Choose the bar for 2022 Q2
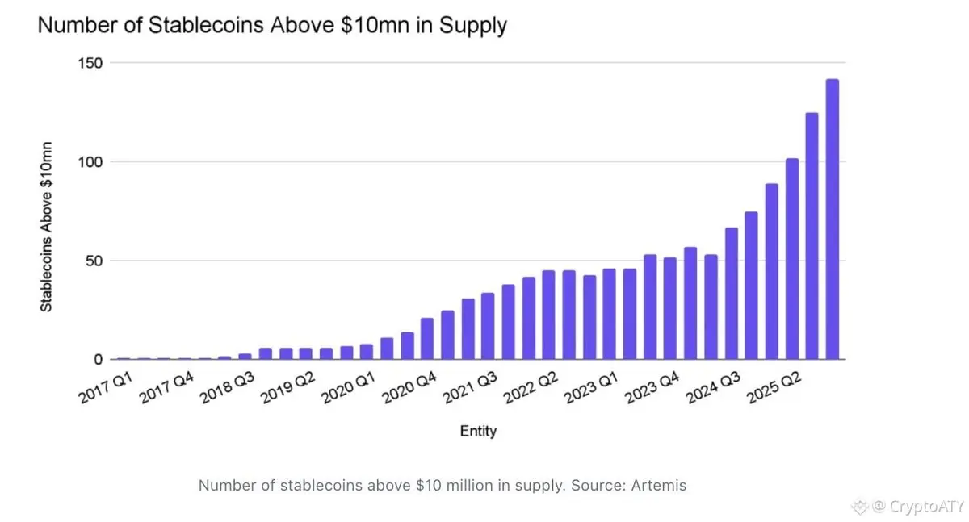(x=548, y=315)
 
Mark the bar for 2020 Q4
(x=427, y=339)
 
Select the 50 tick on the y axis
(x=94, y=261)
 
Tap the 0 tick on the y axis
(x=98, y=359)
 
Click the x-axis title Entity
(x=478, y=432)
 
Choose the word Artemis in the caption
(x=661, y=486)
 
